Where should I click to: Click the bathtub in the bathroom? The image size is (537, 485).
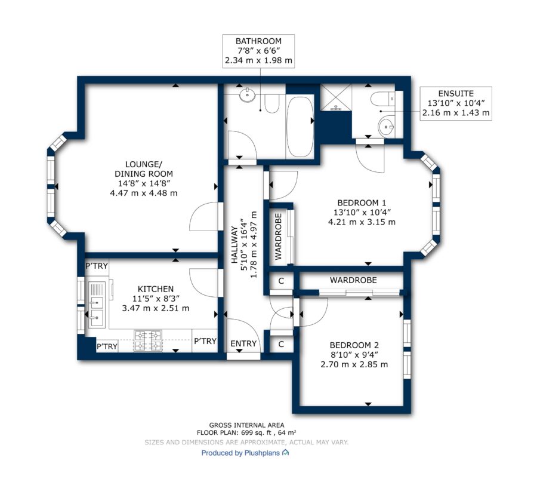[x=300, y=127]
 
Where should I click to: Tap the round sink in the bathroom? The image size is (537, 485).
[x=247, y=95]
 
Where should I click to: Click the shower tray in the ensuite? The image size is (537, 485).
[x=335, y=97]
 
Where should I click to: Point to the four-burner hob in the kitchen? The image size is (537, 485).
[x=148, y=340]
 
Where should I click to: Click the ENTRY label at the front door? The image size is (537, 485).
[x=243, y=343]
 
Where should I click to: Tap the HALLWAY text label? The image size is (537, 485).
[x=234, y=245]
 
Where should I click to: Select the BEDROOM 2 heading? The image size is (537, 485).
[x=354, y=345]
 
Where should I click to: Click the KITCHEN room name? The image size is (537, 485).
[x=156, y=289]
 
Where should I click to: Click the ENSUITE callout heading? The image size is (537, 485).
[x=456, y=94]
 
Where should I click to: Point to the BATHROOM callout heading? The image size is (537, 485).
[x=258, y=41]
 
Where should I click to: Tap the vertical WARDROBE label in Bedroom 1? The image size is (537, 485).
[x=278, y=237]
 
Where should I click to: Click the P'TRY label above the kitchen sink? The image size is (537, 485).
[x=97, y=266]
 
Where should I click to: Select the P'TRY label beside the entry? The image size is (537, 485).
[x=205, y=341]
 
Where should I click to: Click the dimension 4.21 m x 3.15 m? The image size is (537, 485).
[x=362, y=222]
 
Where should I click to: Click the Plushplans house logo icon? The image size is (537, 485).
[x=285, y=453]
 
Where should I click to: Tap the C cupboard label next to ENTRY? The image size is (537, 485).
[x=281, y=344]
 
